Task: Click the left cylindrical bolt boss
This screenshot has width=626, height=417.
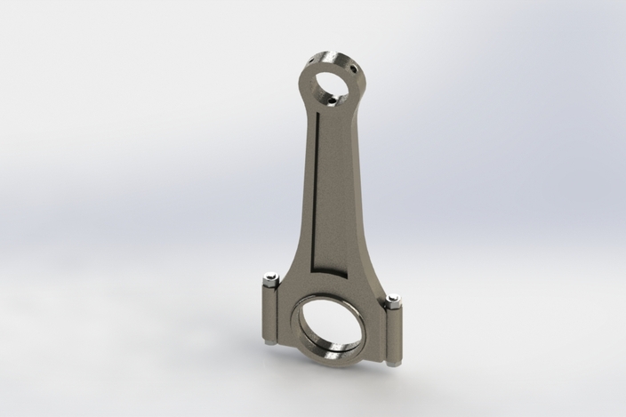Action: pyautogui.click(x=270, y=311)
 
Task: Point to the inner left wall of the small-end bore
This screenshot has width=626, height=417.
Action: pyautogui.click(x=317, y=84)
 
